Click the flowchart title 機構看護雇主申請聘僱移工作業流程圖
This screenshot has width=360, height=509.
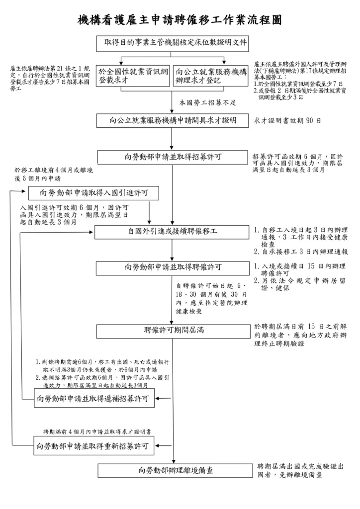point(180,20)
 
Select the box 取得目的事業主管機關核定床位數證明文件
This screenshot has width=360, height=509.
point(176,43)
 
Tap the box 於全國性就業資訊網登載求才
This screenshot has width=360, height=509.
point(133,76)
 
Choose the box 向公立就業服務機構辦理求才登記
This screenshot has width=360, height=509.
point(211,76)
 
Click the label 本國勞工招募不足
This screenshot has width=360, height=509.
point(207,102)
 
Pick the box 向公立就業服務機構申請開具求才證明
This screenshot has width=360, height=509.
point(173,121)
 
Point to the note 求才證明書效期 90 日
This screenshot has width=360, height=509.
point(287,121)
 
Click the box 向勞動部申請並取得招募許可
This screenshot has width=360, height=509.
point(173,157)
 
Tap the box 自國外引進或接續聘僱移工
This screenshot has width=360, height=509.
point(173,232)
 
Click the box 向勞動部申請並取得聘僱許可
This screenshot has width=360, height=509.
point(173,267)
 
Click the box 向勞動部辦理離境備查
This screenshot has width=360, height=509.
point(173,470)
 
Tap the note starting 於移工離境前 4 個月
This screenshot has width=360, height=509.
point(53,174)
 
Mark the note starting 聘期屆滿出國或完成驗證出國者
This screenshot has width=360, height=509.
point(300,470)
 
